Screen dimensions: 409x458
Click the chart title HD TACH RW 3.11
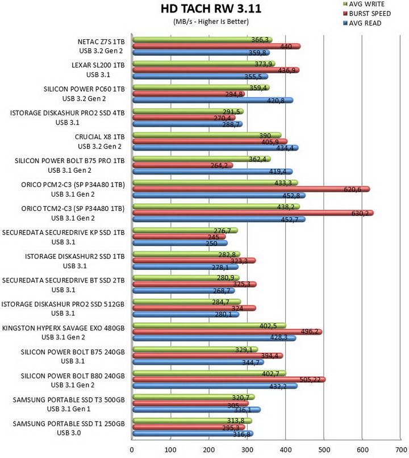coord(211,9)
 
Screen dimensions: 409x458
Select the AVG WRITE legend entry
coord(364,4)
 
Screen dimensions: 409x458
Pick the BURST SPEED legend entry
coord(366,14)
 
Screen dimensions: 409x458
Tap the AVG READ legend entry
coord(362,23)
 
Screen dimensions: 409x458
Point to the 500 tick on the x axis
coord(324,450)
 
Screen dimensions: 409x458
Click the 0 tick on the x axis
coord(132,450)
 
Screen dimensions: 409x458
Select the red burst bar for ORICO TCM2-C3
coord(253,213)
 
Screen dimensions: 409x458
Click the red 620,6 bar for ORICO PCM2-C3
coord(251,189)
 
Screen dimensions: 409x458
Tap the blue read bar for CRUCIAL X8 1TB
coord(215,148)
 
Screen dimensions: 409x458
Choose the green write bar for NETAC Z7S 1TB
coord(202,40)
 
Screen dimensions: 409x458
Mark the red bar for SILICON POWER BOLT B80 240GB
coord(229,380)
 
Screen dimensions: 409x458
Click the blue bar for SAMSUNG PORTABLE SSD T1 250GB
coord(193,434)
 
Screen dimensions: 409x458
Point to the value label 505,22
coord(310,380)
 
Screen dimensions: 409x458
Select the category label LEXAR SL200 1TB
coord(98,65)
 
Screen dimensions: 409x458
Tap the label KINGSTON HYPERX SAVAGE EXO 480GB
coord(64,328)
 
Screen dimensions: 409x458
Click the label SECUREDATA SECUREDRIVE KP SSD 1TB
coord(64,232)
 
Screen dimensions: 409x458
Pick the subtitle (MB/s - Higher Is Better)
coord(211,22)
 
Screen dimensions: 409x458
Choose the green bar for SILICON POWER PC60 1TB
coord(201,88)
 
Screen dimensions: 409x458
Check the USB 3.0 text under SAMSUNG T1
coord(69,433)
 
